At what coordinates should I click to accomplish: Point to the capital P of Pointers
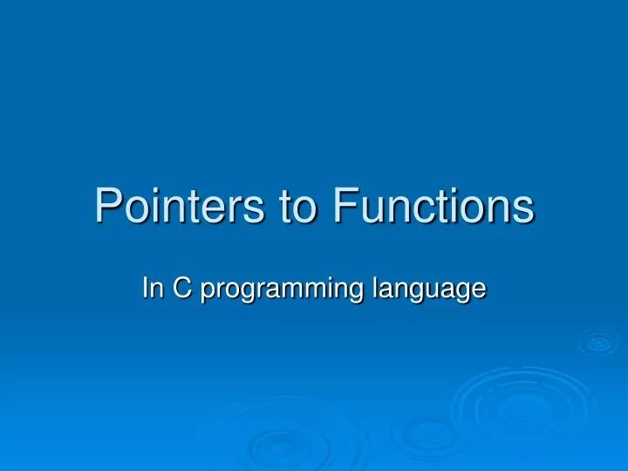pyautogui.click(x=107, y=206)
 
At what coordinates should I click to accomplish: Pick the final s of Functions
pyautogui.click(x=523, y=211)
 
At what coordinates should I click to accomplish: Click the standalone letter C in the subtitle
pyautogui.click(x=183, y=288)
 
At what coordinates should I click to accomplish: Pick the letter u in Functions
pyautogui.click(x=367, y=211)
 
